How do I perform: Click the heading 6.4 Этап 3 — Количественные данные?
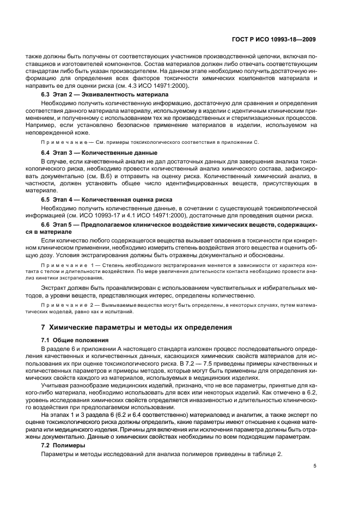tap(100, 153)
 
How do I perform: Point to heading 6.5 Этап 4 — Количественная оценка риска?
tap(109, 199)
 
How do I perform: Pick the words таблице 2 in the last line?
tap(267, 455)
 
